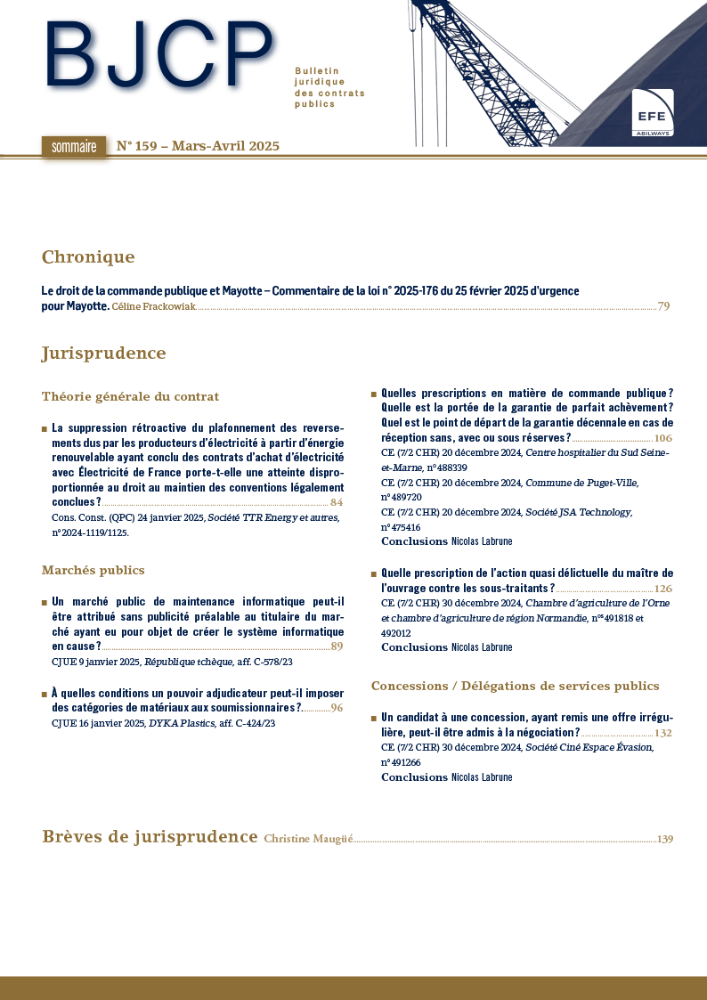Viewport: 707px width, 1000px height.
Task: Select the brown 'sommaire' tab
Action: (73, 147)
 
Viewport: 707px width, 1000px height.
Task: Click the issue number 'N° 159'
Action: (138, 146)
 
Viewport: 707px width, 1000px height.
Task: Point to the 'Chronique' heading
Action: (88, 257)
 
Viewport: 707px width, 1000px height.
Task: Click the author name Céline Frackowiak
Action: (153, 307)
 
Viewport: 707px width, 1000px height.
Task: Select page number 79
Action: (663, 307)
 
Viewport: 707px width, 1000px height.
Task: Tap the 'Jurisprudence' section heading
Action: (103, 354)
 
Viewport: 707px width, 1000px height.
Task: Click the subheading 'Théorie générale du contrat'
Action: (130, 396)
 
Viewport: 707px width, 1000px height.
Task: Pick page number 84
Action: (337, 502)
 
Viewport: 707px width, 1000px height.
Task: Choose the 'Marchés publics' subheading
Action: (93, 570)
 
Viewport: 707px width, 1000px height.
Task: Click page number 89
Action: (337, 646)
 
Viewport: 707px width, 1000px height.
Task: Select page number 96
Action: (337, 708)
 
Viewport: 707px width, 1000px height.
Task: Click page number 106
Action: (663, 439)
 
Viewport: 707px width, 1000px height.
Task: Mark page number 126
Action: (663, 589)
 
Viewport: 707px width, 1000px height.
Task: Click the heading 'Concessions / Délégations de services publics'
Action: (515, 686)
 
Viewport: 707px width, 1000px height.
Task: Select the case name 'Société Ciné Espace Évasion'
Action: (589, 748)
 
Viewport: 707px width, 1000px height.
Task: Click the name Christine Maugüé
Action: (308, 839)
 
